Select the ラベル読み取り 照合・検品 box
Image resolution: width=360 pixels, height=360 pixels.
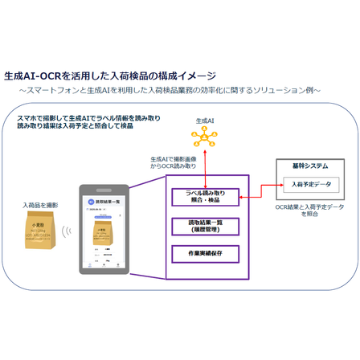pos(205,196)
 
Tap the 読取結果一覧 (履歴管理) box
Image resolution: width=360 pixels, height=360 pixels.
pos(205,225)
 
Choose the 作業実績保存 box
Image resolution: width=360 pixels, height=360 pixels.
pos(205,254)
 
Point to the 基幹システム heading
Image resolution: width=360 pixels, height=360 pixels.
pos(309,166)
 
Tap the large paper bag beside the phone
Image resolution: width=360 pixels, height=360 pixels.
pos(39,237)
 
